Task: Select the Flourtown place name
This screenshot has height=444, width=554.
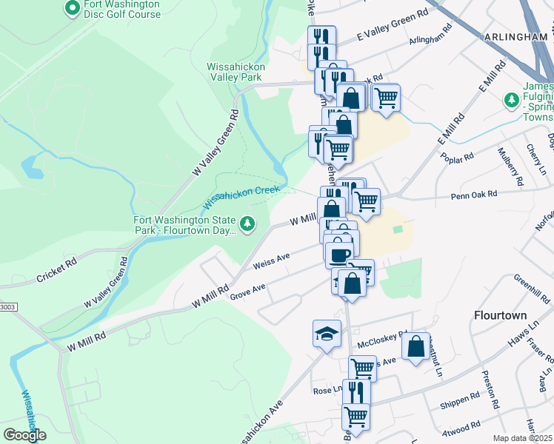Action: click(x=500, y=315)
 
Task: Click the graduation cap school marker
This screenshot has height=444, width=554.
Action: click(x=327, y=334)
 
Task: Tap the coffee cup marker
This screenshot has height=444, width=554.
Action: click(x=339, y=255)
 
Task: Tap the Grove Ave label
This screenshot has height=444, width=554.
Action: click(x=247, y=290)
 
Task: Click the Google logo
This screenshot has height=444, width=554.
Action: click(x=24, y=435)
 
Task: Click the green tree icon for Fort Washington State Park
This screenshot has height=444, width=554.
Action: click(x=247, y=223)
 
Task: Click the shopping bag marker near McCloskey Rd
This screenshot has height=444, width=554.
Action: click(x=415, y=346)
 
